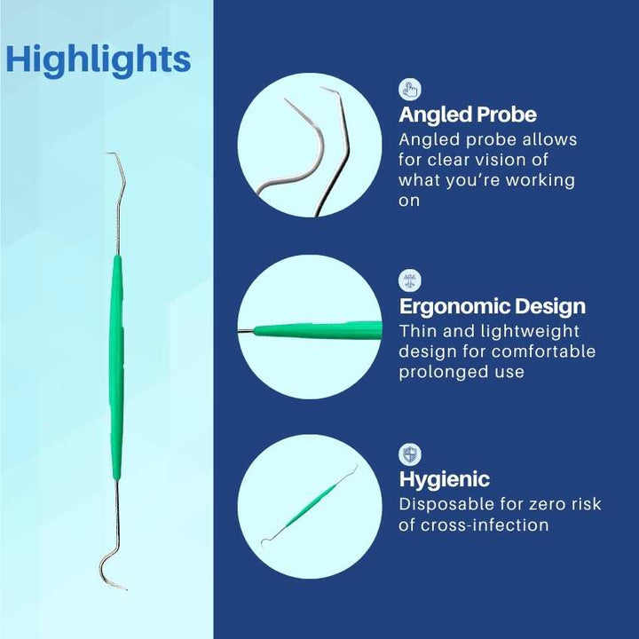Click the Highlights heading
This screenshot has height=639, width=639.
click(x=99, y=60)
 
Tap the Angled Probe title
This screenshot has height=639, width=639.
click(x=468, y=114)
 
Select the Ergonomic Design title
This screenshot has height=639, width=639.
click(x=493, y=306)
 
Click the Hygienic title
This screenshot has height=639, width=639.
click(x=445, y=479)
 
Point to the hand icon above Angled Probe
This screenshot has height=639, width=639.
click(x=410, y=90)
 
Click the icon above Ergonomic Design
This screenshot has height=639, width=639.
click(x=410, y=280)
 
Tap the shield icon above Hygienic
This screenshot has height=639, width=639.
click(x=410, y=454)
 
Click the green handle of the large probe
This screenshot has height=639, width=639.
click(x=116, y=367)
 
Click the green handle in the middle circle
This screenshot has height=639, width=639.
click(x=318, y=330)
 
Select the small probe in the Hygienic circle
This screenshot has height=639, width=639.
click(x=309, y=507)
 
